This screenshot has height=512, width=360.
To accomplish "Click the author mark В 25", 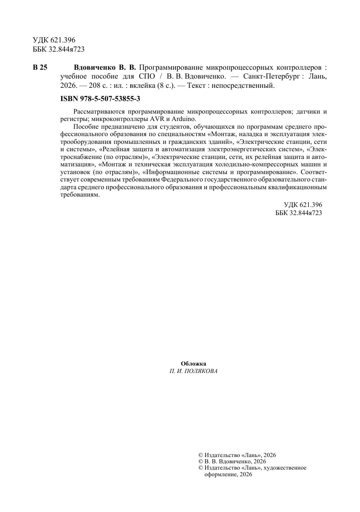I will pyautogui.click(x=40, y=68).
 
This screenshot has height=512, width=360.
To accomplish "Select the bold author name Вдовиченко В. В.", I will pyautogui.click(x=105, y=68).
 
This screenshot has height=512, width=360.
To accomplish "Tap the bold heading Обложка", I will pyautogui.click(x=193, y=364).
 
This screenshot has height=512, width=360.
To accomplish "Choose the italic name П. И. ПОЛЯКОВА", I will pyautogui.click(x=193, y=371).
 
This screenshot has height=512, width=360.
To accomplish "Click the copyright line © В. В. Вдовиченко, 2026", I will pyautogui.click(x=232, y=461).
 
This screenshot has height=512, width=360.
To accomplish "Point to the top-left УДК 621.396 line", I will pyautogui.click(x=54, y=40).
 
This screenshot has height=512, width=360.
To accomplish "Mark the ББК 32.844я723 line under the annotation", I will pyautogui.click(x=298, y=213).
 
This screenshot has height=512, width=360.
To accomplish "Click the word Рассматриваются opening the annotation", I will pyautogui.click(x=97, y=111).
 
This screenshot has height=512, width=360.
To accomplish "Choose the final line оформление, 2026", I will pyautogui.click(x=228, y=474).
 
